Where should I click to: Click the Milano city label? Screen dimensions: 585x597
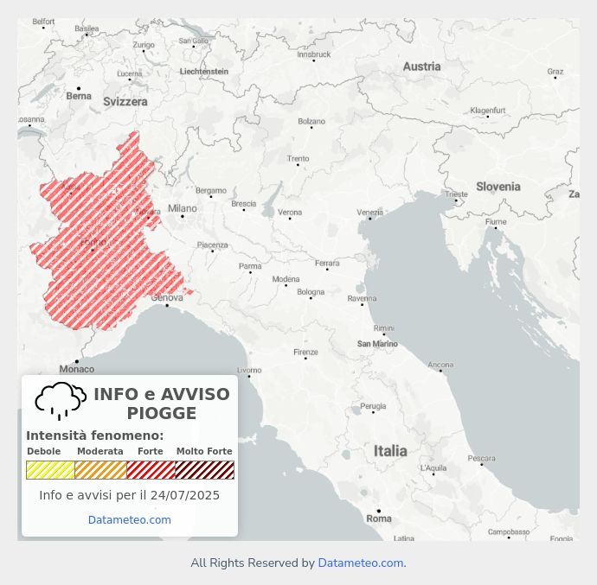click(183, 208)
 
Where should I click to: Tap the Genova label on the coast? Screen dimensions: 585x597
click(167, 298)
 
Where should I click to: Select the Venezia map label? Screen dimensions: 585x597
click(370, 213)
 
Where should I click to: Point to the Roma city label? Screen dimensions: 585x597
click(379, 518)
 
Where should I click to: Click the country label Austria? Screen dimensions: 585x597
click(421, 67)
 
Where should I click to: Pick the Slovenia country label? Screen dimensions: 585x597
click(498, 187)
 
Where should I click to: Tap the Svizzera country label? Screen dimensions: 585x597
click(125, 101)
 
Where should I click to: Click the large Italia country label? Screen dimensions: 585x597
click(390, 450)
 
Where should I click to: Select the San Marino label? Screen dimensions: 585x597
click(377, 344)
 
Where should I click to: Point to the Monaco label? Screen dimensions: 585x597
click(77, 369)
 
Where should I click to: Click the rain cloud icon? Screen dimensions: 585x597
click(61, 401)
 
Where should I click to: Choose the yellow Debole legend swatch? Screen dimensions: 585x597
click(50, 470)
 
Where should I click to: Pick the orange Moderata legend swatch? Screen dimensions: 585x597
click(100, 470)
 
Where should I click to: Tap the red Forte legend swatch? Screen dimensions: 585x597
click(151, 470)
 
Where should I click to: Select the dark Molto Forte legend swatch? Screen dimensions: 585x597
click(205, 470)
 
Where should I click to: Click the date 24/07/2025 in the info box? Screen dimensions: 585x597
click(185, 495)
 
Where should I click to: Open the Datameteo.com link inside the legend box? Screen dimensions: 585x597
click(130, 520)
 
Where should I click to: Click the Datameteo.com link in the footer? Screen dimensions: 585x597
click(361, 563)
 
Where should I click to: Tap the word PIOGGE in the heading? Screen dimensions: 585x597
click(162, 413)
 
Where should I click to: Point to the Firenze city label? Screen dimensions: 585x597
click(305, 353)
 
